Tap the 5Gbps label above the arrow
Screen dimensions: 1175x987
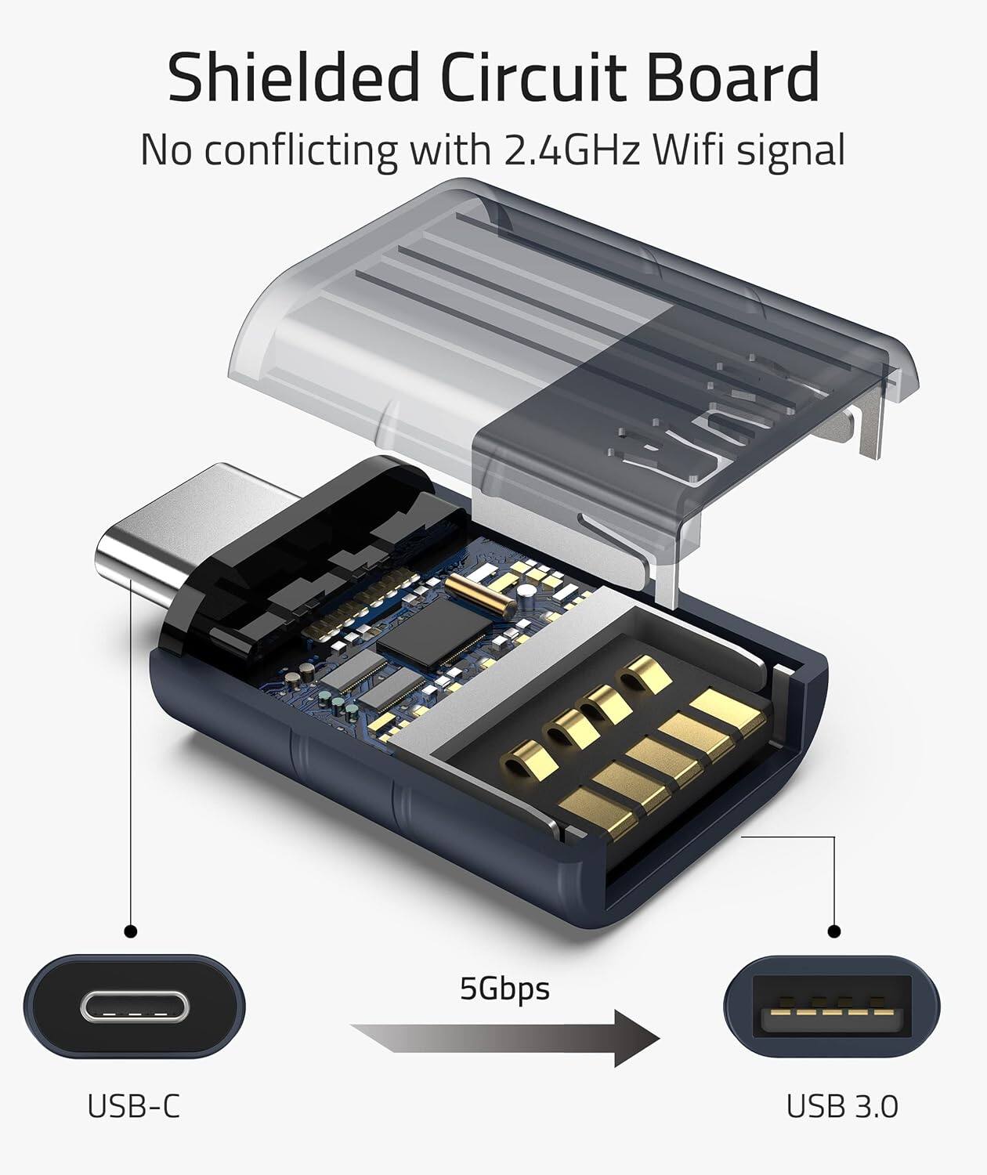coord(504,988)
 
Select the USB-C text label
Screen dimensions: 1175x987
coord(133,1107)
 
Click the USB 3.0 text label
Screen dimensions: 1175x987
coord(841,1107)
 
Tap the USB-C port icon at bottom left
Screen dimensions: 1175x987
coord(134,1007)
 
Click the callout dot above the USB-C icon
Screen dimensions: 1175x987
coord(131,931)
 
